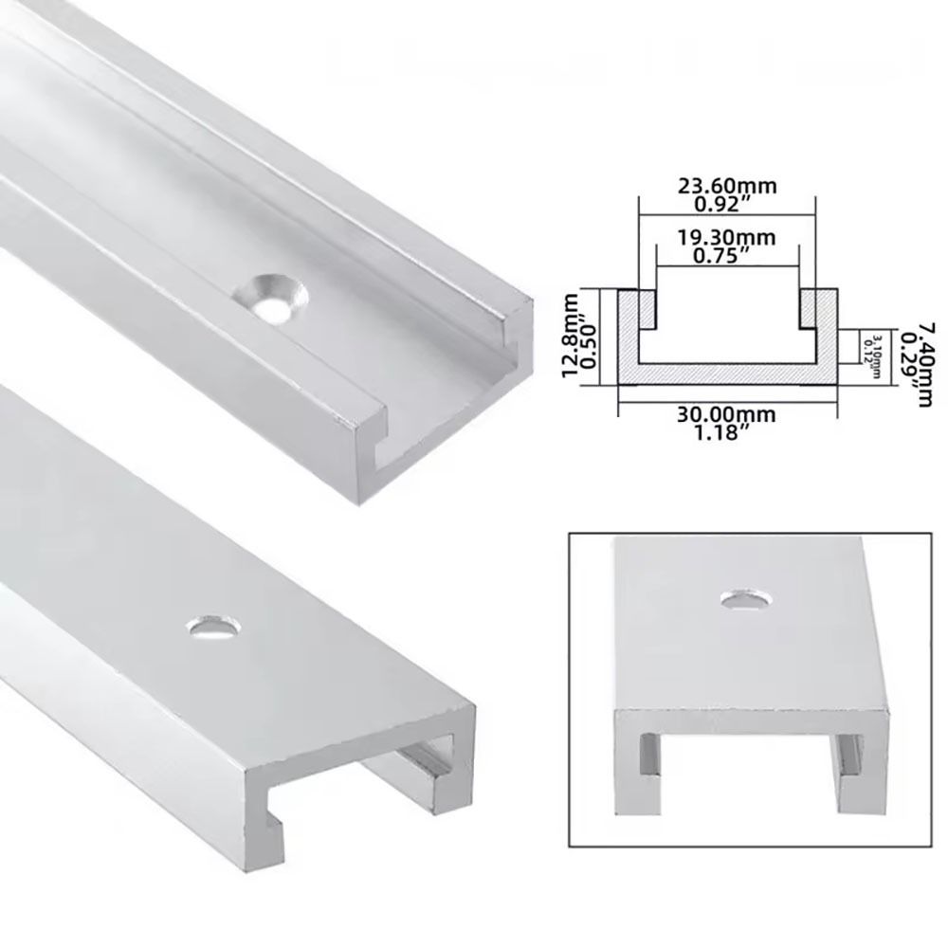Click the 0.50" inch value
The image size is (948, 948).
coord(589,335)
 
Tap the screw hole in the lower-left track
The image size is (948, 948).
coord(210,626)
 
